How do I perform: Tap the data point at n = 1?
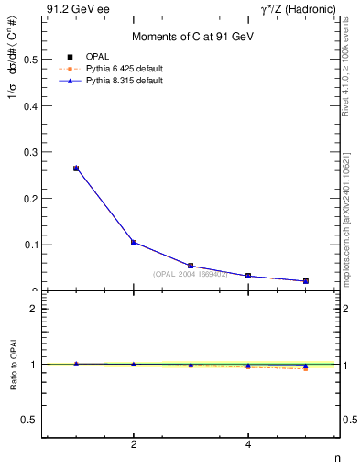pos(76,169)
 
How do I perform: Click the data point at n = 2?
pos(134,243)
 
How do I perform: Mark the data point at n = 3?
pos(191,266)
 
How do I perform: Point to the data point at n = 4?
pos(248,276)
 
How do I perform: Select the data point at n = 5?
pos(306,281)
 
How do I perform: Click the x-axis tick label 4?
pos(248,444)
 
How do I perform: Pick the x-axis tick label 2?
pos(134,444)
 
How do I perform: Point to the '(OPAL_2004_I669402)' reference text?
pos(191,273)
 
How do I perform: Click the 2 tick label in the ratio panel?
pos(33,309)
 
